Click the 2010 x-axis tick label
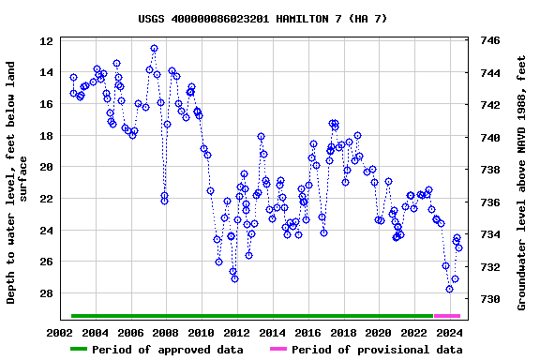[x=201, y=332]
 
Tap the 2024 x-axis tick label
[x=449, y=332]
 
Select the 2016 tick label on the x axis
[x=307, y=332]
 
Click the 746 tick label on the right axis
[x=489, y=41]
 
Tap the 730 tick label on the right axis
[x=489, y=300]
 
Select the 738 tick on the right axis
[x=489, y=171]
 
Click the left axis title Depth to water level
[x=18, y=182]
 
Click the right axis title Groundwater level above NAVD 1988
[x=522, y=182]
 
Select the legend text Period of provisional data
[x=376, y=350]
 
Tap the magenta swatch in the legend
[x=278, y=350]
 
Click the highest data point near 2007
[x=154, y=48]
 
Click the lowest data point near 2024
[x=449, y=289]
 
